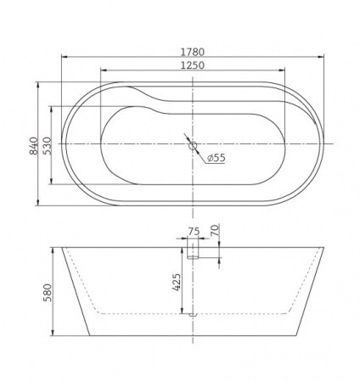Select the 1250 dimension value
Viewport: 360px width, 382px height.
point(195,66)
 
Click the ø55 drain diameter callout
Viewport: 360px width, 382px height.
point(216,158)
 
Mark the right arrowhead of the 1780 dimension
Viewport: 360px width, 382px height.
point(324,58)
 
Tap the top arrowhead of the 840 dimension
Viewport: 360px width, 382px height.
point(39,84)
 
